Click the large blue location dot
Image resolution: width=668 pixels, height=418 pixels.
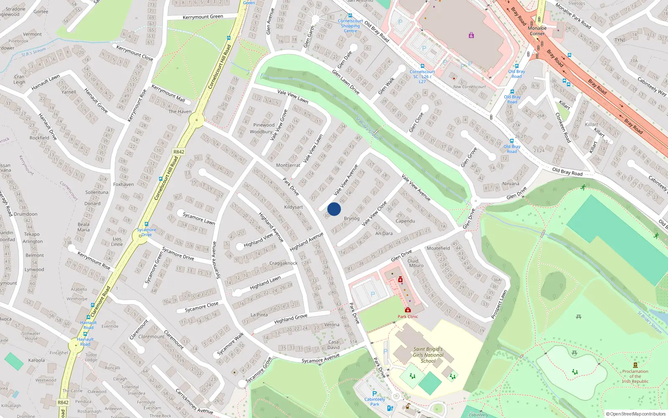tap(334, 209)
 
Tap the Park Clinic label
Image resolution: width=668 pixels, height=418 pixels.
tap(407, 316)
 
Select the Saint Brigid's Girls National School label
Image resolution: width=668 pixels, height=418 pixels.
tap(428, 355)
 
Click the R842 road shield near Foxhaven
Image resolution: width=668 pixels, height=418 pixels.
tap(179, 152)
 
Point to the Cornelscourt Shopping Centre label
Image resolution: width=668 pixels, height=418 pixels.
tap(350, 26)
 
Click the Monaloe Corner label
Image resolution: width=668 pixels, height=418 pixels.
tap(537, 31)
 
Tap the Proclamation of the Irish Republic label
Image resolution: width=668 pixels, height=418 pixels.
tap(635, 376)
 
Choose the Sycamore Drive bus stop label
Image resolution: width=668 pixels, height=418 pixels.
tap(147, 232)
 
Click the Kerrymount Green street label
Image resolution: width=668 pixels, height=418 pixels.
tap(203, 17)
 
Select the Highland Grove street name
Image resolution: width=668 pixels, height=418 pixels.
tap(291, 319)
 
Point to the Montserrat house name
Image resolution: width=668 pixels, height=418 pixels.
tap(288, 165)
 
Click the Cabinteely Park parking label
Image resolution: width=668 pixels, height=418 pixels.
tap(374, 401)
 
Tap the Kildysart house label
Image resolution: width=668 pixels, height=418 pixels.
tap(294, 207)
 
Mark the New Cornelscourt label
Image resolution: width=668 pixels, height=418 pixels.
tap(469, 87)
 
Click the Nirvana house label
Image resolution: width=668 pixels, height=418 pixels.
tap(511, 184)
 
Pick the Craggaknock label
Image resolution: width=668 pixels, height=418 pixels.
tap(283, 263)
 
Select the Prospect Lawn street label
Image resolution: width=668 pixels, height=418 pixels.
tap(499, 305)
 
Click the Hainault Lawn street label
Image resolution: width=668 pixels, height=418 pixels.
tap(46, 83)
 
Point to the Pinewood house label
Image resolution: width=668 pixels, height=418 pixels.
tap(264, 125)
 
